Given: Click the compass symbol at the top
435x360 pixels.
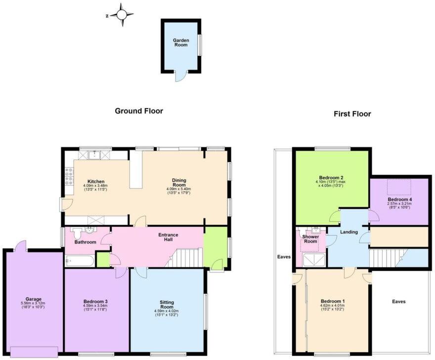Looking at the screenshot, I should coord(121,15).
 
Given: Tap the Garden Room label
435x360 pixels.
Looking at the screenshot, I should coord(181,42).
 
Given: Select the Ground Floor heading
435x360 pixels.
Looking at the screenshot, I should coord(139,111).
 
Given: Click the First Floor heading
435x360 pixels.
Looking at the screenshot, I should coord(352,114).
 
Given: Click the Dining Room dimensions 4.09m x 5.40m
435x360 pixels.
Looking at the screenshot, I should coord(179,188).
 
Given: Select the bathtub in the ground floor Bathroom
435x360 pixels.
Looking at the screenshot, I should coord(79,260).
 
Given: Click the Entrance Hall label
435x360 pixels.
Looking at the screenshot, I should coord(168,238).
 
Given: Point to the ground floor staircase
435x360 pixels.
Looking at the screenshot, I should coord(186,257).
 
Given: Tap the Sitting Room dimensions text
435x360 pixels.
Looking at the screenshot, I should coord(166,312).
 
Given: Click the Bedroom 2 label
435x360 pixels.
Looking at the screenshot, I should coord(331,178).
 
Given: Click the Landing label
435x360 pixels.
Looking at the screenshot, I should coord(349,232).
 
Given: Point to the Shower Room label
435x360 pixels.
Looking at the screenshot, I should coord(310,239).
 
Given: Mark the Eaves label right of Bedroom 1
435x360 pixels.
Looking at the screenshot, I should coord(398,301).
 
